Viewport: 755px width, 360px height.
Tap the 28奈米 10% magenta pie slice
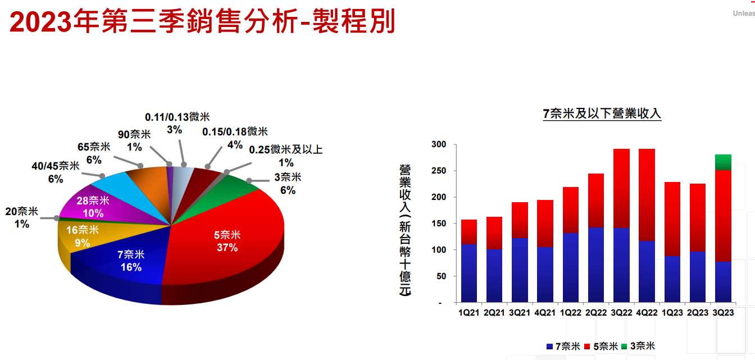tap(93, 207)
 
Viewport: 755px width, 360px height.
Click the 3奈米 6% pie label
tap(288, 184)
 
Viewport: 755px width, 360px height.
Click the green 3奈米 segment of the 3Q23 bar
tap(723, 162)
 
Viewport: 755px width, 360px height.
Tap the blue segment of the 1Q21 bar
tap(469, 273)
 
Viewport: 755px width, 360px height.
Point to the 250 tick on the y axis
tap(438, 171)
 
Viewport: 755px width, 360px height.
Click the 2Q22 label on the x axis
tap(596, 312)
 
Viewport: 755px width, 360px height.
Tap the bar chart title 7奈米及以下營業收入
tap(602, 114)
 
